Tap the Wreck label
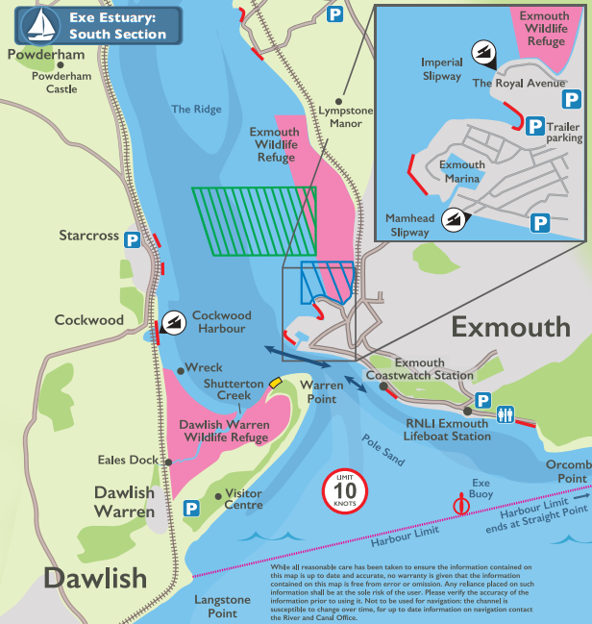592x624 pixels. tap(204, 367)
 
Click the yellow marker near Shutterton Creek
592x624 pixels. tap(276, 383)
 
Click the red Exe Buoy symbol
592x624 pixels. tap(462, 503)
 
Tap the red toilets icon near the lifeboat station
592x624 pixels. tap(506, 414)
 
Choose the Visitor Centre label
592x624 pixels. tap(243, 499)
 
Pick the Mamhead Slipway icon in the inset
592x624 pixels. tap(452, 219)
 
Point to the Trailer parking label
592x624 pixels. tap(564, 132)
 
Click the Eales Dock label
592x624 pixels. tap(128, 461)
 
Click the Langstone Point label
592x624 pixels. tap(222, 606)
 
